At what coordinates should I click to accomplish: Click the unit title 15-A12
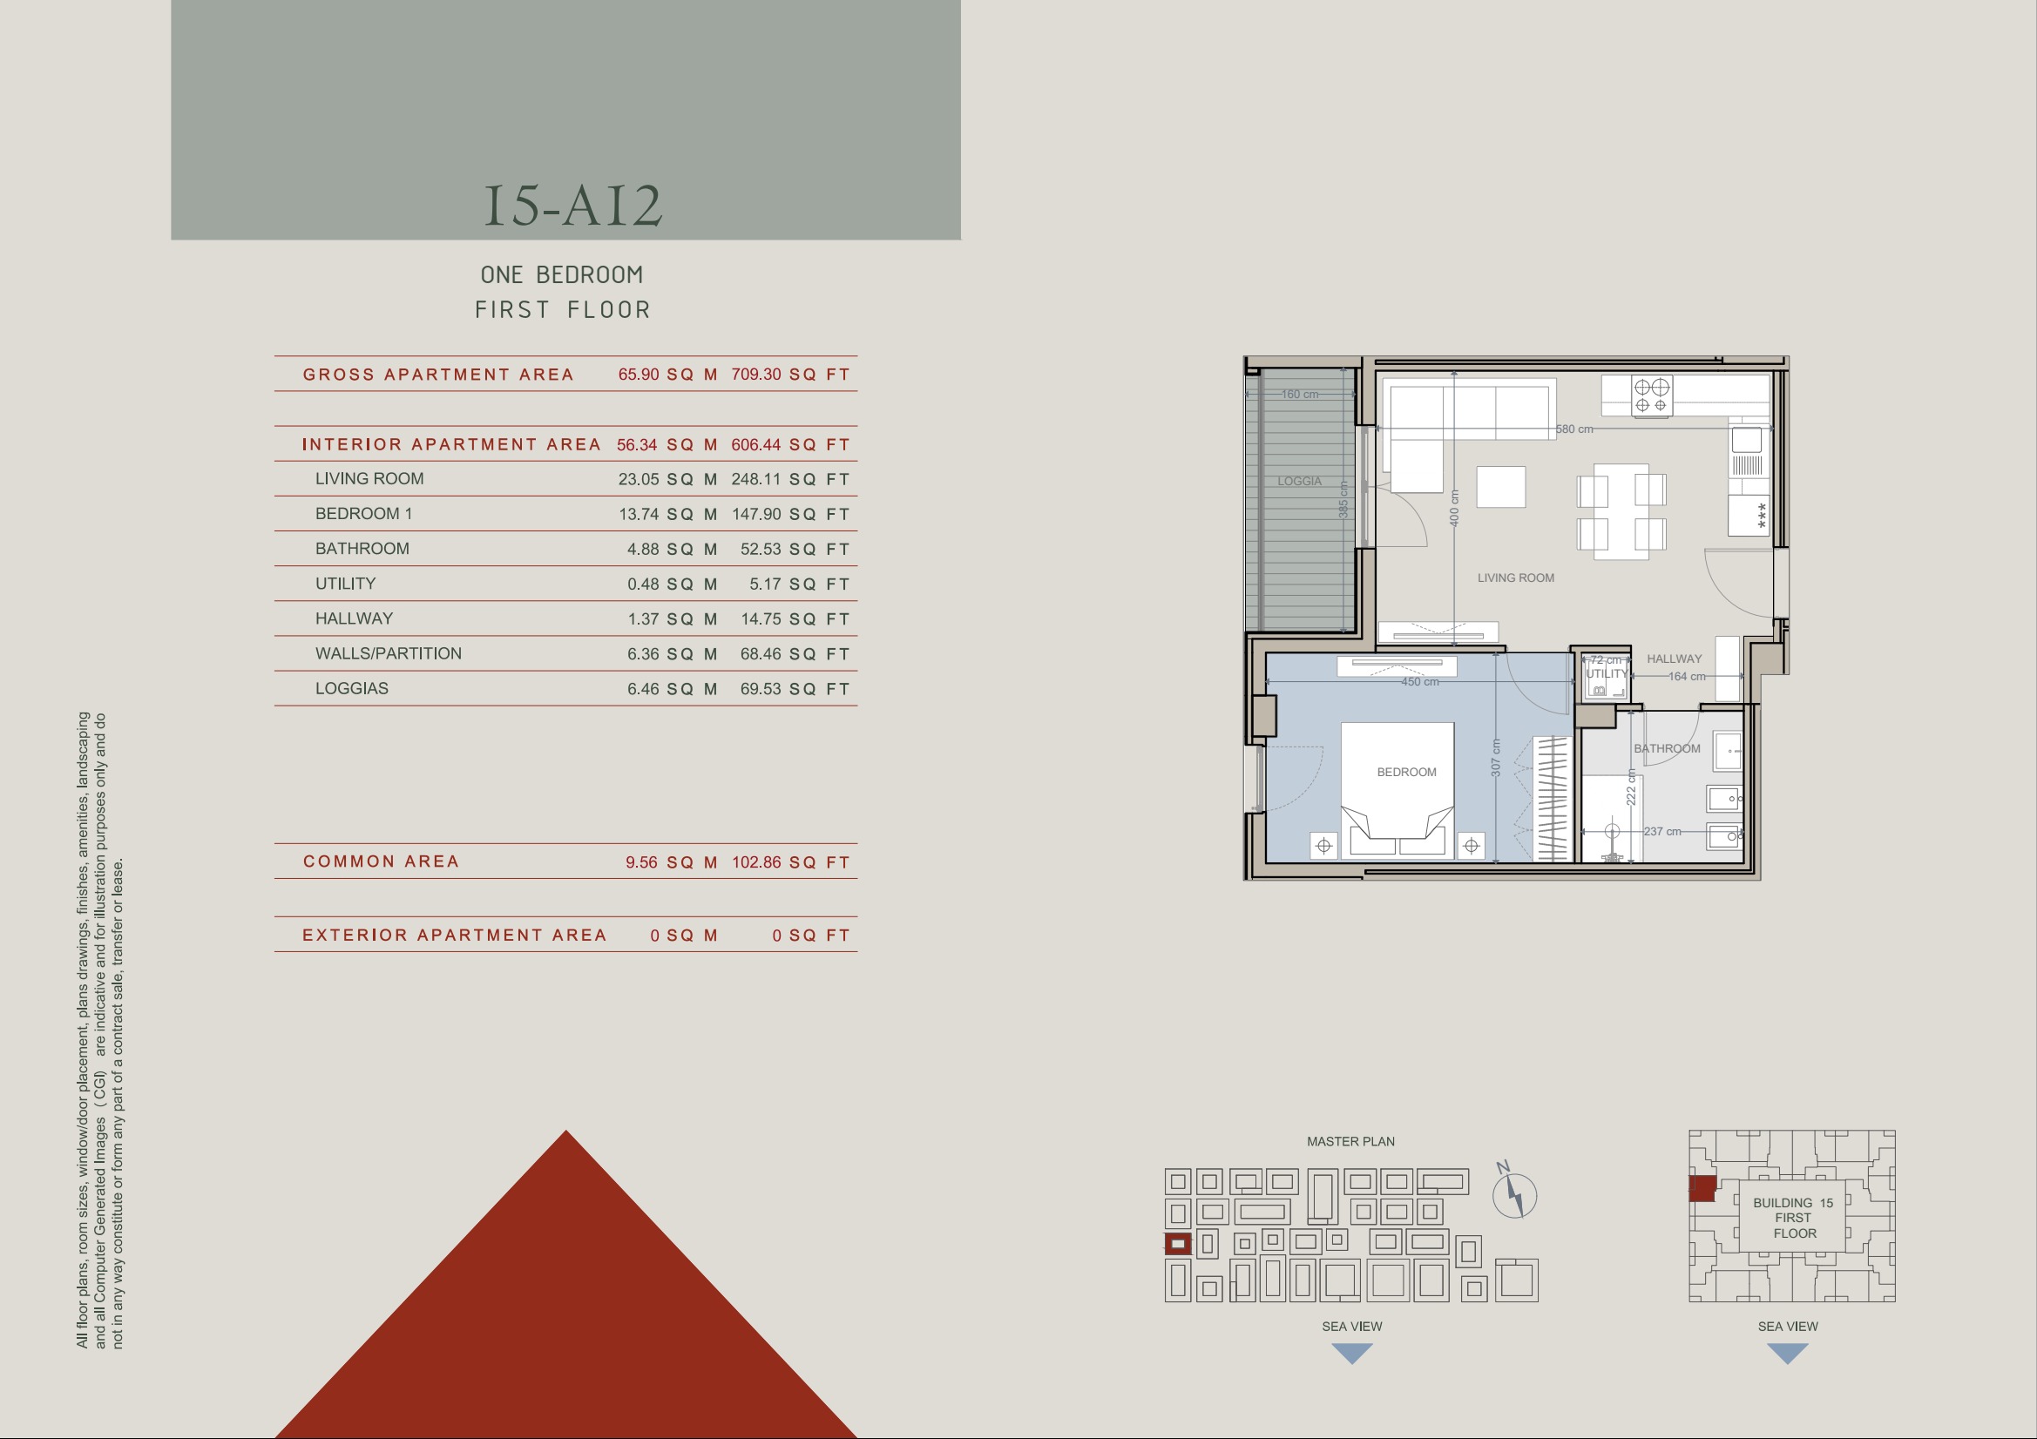pos(573,205)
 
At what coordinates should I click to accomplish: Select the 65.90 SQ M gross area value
pos(667,375)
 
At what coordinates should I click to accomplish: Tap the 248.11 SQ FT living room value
pos(790,479)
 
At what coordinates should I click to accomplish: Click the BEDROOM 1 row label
pos(364,514)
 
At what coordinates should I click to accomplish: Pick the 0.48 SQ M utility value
pos(672,584)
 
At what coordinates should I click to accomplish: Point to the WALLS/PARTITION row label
pos(389,654)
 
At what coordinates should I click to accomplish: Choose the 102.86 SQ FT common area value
pos(790,862)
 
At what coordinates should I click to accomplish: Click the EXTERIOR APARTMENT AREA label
pos(454,935)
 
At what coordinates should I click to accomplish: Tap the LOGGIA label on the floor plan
pos(1299,481)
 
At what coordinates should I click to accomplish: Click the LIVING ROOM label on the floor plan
pos(1515,578)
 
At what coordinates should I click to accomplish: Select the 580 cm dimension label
pos(1573,429)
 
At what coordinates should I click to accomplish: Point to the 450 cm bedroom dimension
pos(1419,681)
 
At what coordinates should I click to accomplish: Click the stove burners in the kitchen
pos(1652,395)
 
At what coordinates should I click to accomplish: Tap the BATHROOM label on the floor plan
pos(1667,749)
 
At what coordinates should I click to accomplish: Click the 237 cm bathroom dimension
pos(1661,831)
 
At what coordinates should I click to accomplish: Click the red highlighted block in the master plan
pos(1177,1244)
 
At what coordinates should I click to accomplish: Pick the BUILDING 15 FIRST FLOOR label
pos(1793,1218)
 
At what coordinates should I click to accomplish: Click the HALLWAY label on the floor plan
pos(1675,659)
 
